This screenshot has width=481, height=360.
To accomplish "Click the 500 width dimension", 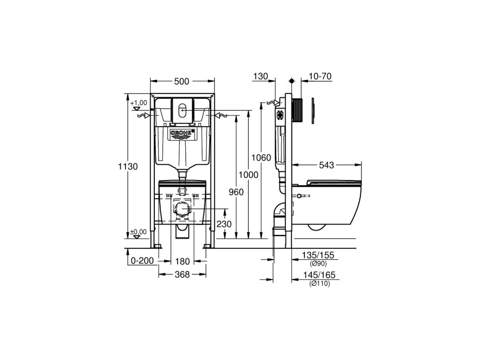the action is click(182, 82).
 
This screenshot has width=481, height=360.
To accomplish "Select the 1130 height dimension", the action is click(128, 167).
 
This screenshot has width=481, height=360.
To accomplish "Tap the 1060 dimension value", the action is click(261, 158).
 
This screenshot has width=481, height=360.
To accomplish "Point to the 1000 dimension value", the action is click(249, 175).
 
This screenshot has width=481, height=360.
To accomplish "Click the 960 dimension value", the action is click(236, 192).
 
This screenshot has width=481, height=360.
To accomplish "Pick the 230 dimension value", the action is click(224, 224).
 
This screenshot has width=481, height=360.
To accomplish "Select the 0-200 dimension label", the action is click(142, 261).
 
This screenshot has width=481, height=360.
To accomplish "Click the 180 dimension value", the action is click(182, 261).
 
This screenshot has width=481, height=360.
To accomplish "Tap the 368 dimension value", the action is click(182, 274).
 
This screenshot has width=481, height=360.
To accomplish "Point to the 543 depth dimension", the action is click(327, 165).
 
